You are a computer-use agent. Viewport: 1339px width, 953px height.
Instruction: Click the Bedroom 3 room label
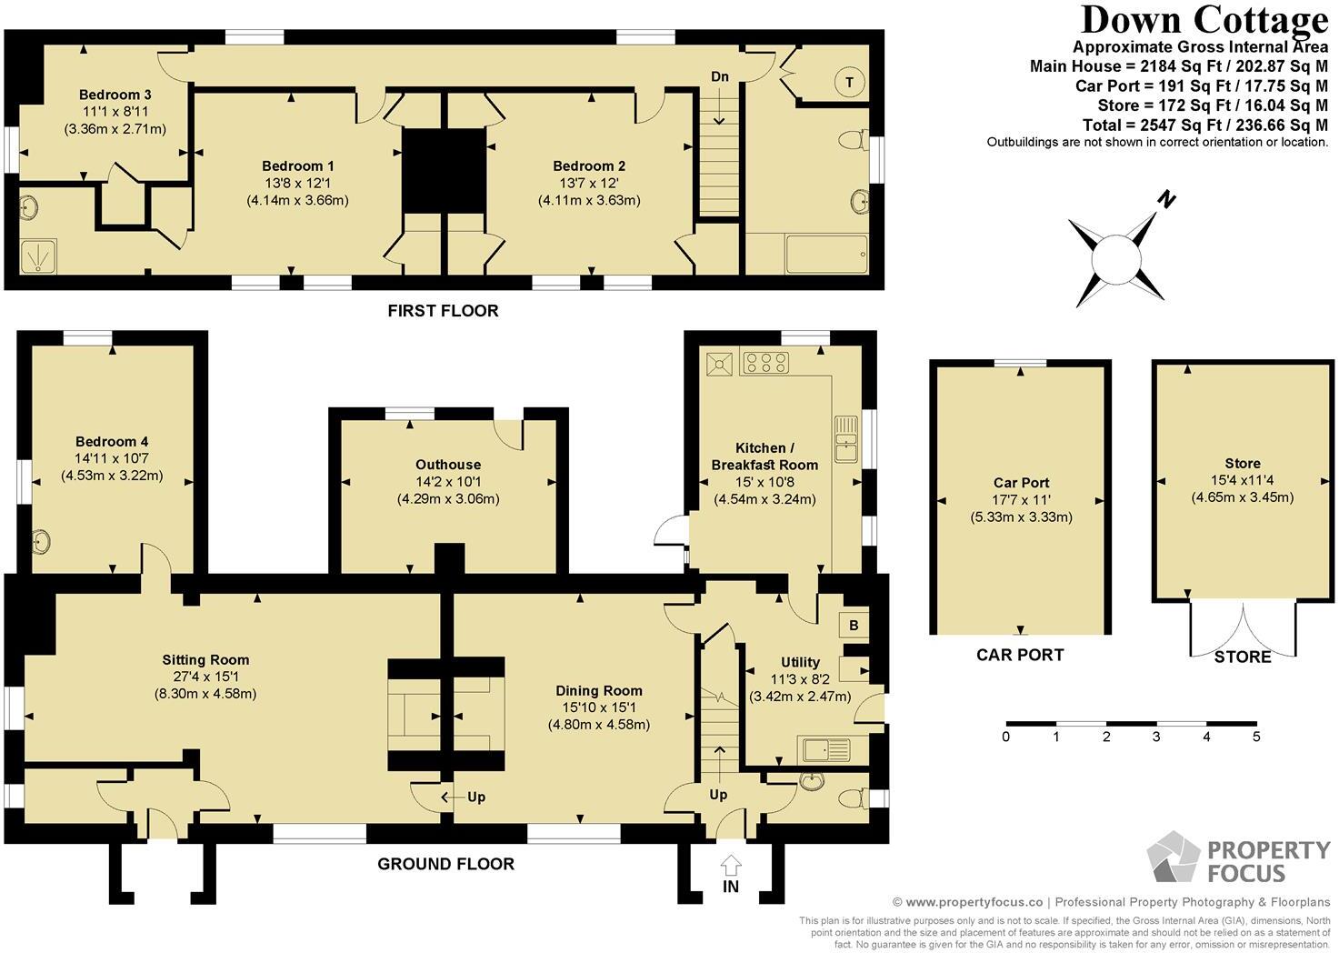click(x=115, y=95)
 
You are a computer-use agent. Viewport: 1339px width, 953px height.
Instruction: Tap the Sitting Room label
click(x=205, y=660)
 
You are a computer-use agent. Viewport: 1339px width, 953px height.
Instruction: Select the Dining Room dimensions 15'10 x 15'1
click(x=599, y=707)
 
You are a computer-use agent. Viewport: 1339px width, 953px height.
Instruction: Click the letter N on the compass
click(x=1166, y=199)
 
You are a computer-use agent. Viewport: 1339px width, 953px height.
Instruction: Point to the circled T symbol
click(x=849, y=82)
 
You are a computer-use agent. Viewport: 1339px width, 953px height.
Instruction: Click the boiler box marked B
click(x=854, y=626)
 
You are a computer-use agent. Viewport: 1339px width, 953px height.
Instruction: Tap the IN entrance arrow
click(x=731, y=866)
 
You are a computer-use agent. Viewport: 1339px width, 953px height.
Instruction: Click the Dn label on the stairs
click(x=720, y=76)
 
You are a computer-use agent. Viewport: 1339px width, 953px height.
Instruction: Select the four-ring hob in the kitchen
click(x=765, y=362)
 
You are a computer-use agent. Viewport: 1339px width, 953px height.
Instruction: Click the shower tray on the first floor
click(x=38, y=256)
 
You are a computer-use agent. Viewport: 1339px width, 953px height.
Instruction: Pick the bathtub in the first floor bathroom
click(x=826, y=254)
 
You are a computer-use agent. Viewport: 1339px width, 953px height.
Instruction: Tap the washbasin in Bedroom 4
click(x=42, y=542)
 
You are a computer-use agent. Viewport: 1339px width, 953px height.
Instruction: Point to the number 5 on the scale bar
click(x=1256, y=737)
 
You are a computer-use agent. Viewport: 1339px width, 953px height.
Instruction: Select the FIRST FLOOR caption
click(x=443, y=311)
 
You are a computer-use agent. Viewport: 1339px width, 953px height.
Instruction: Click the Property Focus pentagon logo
click(x=1174, y=856)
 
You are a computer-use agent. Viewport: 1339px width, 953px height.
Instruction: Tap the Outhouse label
click(x=448, y=465)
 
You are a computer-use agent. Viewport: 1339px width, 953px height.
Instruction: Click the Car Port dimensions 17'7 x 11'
click(x=1021, y=500)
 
